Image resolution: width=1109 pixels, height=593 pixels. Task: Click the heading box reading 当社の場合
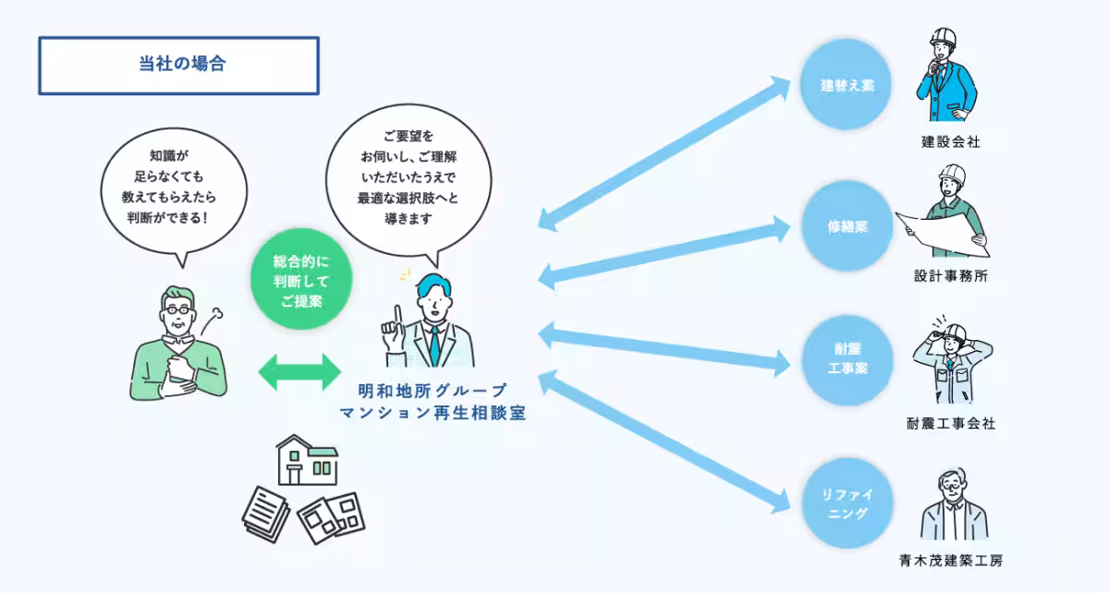178,66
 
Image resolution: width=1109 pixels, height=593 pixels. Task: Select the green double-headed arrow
299,371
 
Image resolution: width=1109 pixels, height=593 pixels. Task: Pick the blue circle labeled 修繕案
847,226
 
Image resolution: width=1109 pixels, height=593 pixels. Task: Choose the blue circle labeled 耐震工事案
847,359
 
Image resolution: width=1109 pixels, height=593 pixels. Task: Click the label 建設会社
950,142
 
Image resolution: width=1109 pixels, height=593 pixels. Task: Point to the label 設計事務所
950,276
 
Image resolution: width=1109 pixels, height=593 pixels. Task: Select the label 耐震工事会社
951,424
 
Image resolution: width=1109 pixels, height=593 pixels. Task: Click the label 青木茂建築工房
950,560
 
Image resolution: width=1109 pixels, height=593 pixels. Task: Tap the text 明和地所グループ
432,391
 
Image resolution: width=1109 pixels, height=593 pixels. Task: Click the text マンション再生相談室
432,414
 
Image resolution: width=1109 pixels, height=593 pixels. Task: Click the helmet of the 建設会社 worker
944,38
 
